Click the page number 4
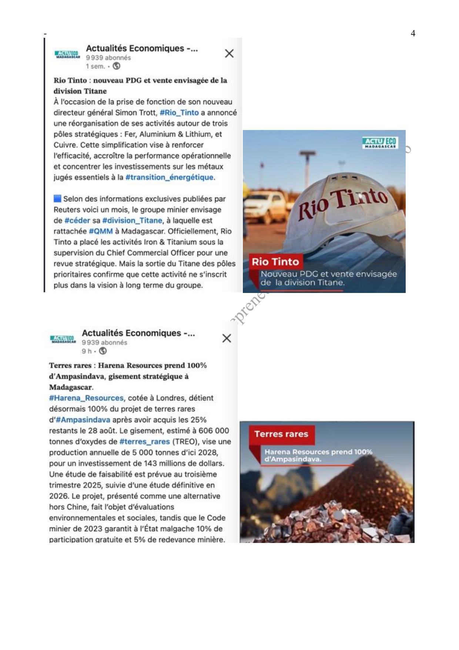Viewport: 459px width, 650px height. coord(413,33)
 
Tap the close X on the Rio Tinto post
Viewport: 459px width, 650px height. coord(229,53)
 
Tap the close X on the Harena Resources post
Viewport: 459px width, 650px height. coord(227,338)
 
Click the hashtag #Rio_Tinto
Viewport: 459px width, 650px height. coord(179,113)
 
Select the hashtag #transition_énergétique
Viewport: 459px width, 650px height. coord(169,177)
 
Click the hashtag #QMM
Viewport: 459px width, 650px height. coord(101,231)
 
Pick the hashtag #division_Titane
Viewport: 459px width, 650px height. coord(132,220)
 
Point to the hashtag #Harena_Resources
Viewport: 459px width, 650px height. coord(86,398)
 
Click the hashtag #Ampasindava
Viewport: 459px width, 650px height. coord(83,420)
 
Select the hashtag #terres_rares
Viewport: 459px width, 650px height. coord(144,441)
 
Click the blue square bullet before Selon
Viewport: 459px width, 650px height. coord(57,199)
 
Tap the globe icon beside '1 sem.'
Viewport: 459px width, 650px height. coord(116,66)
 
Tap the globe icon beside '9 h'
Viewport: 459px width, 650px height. coord(103,351)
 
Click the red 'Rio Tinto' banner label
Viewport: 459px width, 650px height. coord(275,262)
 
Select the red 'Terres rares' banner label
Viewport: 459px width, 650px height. coord(281,434)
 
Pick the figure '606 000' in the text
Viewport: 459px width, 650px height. coord(214,431)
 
